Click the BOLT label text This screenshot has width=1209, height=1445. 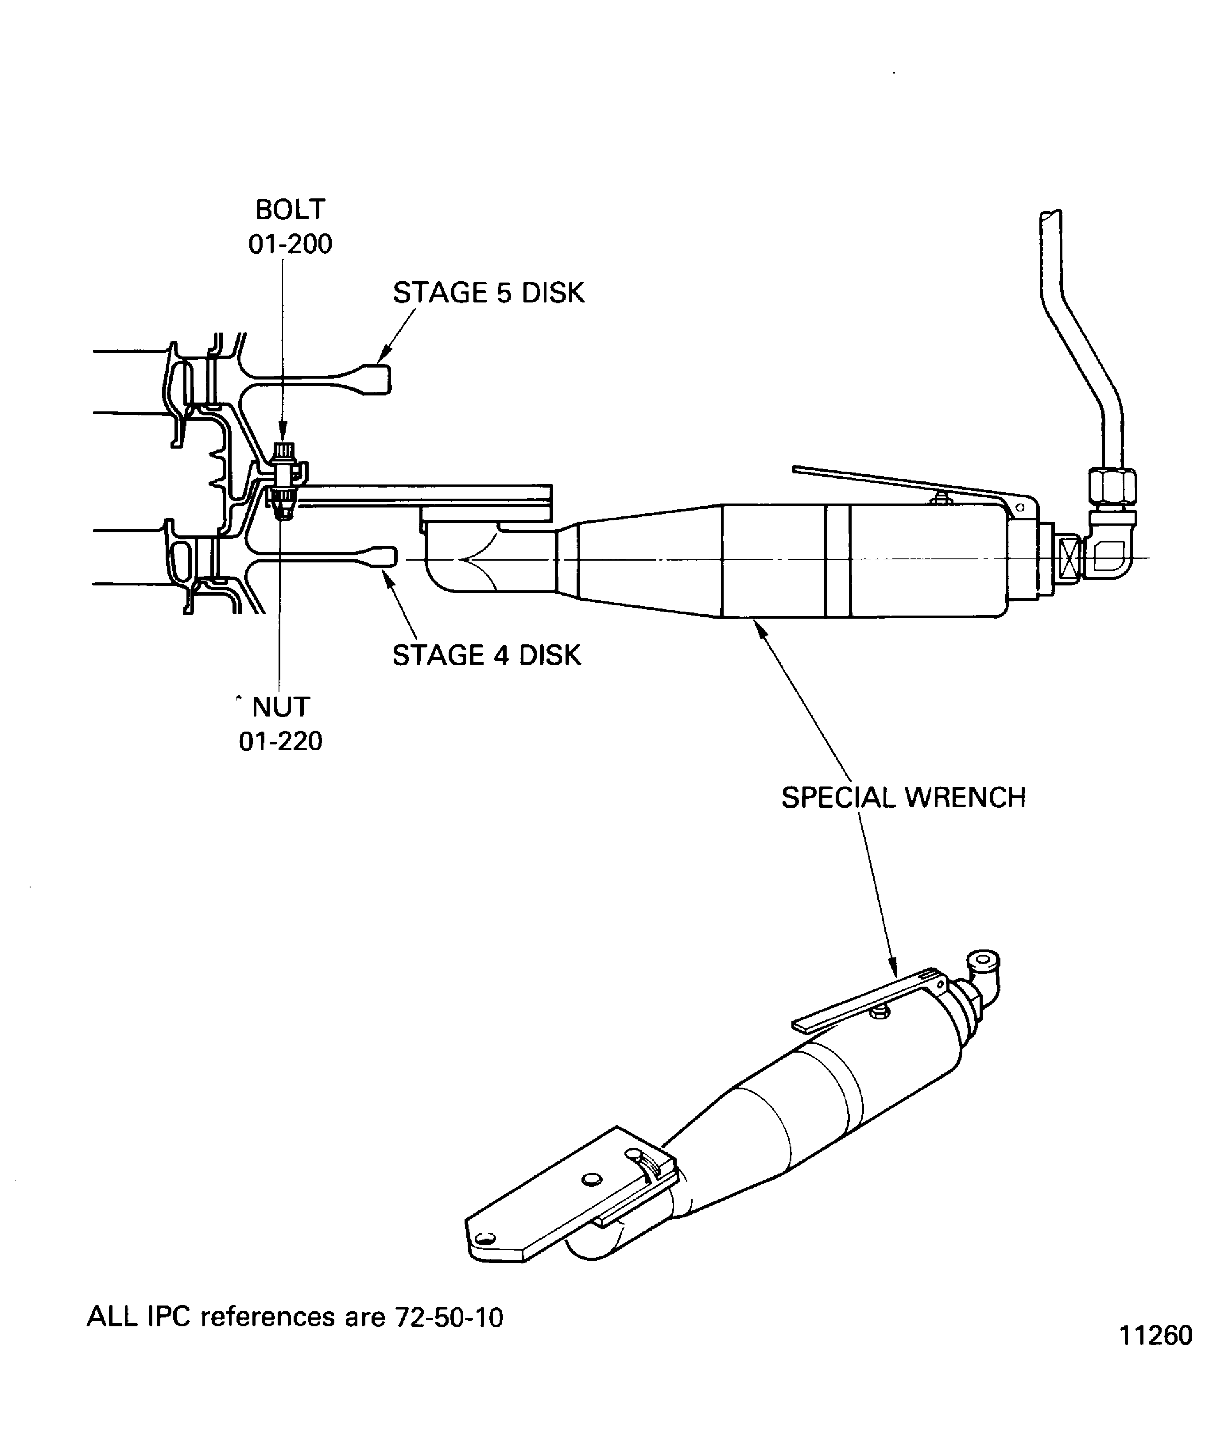tap(290, 209)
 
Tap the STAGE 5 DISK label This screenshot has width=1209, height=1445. tap(488, 293)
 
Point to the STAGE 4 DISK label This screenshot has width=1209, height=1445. tap(486, 655)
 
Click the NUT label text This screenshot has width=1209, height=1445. tap(281, 707)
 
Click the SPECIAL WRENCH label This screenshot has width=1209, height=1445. tap(903, 798)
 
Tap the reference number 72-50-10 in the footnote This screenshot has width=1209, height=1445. tap(449, 1317)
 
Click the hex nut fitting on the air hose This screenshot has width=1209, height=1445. tap(1111, 487)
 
